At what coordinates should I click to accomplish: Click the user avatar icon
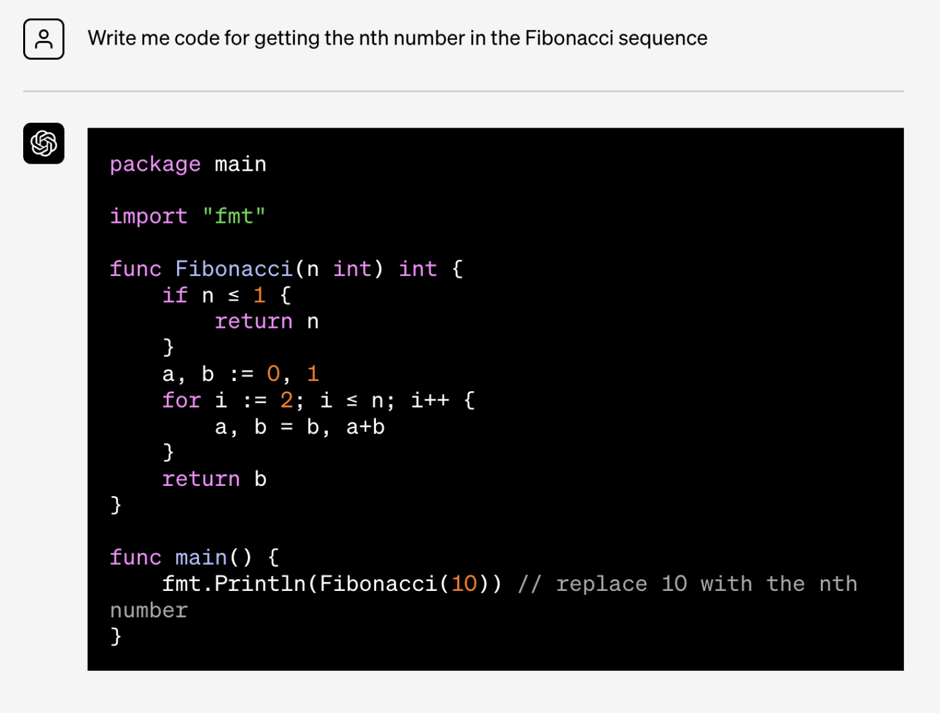[44, 39]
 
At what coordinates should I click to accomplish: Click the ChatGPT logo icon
[44, 143]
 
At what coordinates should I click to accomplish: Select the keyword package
[155, 165]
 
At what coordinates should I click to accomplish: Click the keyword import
[148, 216]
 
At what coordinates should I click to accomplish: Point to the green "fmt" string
[234, 216]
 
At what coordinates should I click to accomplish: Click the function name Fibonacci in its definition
[234, 269]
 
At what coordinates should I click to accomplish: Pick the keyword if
[175, 295]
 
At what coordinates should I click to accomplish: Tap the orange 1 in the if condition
[259, 295]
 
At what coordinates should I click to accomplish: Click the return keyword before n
[253, 322]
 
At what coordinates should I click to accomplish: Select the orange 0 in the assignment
[273, 374]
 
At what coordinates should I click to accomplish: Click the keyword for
[181, 400]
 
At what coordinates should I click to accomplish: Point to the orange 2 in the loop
[286, 400]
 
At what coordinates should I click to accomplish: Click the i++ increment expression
[430, 400]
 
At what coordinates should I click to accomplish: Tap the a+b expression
[365, 427]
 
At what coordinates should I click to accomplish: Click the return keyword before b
[201, 479]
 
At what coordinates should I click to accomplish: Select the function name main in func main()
[201, 557]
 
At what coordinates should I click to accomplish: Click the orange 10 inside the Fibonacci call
[465, 584]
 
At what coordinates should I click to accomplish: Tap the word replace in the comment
[602, 585]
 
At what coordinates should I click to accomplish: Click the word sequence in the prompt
[663, 38]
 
